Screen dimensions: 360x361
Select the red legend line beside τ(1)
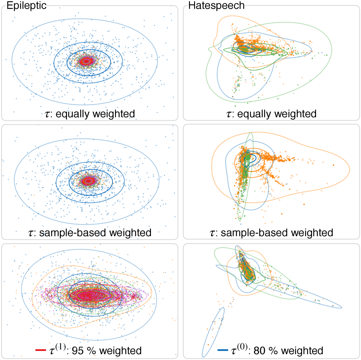coord(40,351)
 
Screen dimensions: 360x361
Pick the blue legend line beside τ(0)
coord(222,351)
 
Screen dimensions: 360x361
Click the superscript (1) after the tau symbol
coord(58,347)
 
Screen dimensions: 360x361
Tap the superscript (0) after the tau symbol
coord(241,347)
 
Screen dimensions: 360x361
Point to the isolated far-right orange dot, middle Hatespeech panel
coord(332,165)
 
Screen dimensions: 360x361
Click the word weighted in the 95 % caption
coord(120,351)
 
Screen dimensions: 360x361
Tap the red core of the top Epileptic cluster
coord(86,61)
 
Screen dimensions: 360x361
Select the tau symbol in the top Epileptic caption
coord(45,115)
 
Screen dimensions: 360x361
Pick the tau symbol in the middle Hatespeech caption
coord(228,233)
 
